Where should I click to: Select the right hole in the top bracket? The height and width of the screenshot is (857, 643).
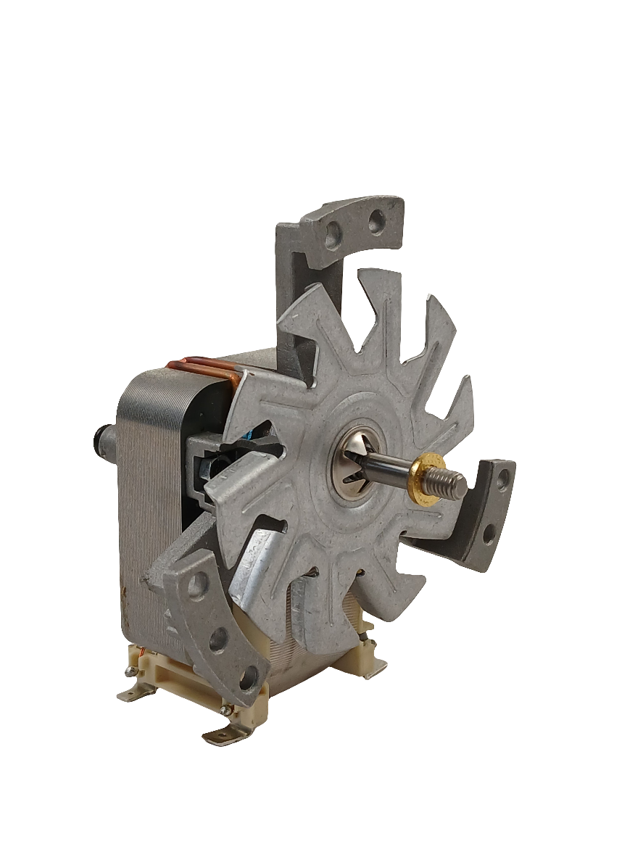[376, 220]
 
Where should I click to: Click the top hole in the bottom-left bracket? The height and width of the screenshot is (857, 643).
[196, 584]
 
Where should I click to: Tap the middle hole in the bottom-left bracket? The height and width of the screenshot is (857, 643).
[218, 639]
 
